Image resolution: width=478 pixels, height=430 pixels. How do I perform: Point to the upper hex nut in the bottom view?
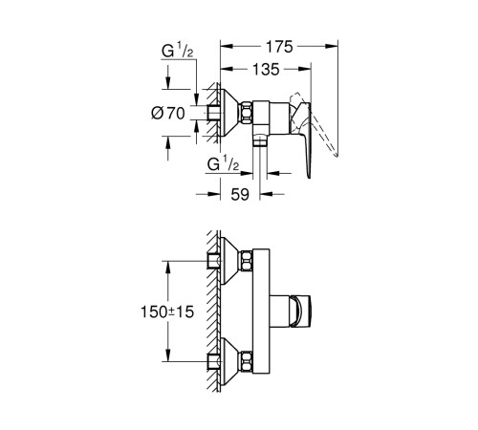248,260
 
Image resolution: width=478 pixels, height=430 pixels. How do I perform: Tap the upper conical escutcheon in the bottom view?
227,260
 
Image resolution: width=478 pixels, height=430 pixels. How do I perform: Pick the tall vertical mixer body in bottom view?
267,311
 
